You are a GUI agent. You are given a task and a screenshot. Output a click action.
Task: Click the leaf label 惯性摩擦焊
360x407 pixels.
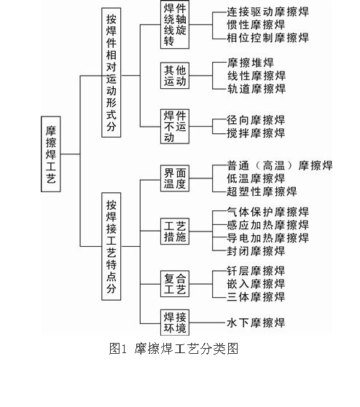[x=256, y=25]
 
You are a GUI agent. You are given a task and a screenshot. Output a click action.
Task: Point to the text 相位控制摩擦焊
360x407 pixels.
[x=268, y=38]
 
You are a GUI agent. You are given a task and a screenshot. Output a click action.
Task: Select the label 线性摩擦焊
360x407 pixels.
[x=257, y=76]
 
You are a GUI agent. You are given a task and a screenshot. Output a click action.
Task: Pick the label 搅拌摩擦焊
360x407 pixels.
[x=256, y=133]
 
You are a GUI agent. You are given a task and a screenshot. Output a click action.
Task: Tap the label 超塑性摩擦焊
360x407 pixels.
[x=262, y=191]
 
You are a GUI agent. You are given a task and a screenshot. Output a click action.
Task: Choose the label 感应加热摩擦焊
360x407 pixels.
[x=268, y=225]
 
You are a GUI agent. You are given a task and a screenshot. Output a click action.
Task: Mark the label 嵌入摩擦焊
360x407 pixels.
[x=256, y=284]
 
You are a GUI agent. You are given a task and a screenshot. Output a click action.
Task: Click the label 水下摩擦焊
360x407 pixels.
[x=256, y=323]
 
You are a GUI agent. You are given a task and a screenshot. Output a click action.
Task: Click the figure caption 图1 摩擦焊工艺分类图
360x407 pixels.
[x=173, y=349]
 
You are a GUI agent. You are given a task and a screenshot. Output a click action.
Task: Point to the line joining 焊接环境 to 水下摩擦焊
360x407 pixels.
[x=207, y=323]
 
